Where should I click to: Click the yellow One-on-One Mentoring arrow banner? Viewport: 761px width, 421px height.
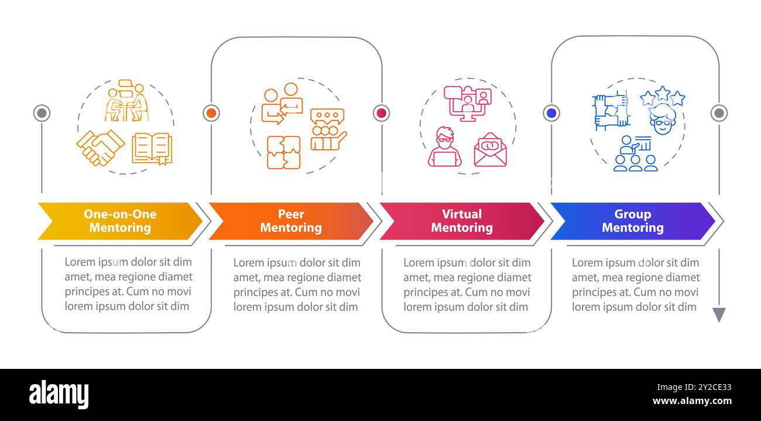(120, 221)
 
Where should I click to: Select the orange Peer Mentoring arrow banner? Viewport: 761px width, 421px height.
(291, 221)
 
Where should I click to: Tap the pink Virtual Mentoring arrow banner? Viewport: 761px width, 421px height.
(462, 221)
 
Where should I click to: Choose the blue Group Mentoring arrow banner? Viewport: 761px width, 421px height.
(633, 221)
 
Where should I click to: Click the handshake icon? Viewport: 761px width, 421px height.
(101, 148)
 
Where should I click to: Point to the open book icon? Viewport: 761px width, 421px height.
(152, 149)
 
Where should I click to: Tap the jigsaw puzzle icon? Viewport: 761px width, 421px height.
(284, 152)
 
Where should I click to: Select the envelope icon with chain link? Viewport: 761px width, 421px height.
(490, 150)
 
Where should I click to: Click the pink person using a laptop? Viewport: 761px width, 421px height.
(445, 147)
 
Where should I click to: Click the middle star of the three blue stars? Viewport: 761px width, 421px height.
(663, 93)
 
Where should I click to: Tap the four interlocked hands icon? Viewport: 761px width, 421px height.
(611, 111)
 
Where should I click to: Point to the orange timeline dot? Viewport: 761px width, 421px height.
(211, 113)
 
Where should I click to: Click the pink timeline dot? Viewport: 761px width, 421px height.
(381, 113)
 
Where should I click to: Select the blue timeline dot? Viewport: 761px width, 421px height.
(551, 113)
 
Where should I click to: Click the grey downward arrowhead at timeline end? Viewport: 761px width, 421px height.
(719, 314)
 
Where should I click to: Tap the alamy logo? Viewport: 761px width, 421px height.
(59, 394)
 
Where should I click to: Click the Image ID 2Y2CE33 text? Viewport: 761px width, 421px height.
(694, 387)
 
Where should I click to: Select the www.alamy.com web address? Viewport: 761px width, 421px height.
(692, 401)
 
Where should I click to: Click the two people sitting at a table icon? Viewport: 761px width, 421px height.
(126, 101)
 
